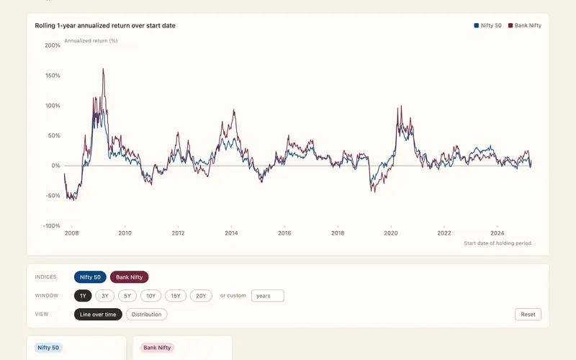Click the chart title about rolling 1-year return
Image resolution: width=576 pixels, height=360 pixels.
tap(105, 25)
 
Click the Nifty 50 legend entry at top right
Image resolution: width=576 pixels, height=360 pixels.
tap(488, 25)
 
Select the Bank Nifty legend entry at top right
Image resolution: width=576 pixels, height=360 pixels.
tap(525, 25)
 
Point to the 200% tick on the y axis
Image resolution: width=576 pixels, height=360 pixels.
tap(53, 45)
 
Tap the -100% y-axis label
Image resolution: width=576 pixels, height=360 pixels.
tap(52, 226)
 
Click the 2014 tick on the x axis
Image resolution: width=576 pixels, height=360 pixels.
tap(231, 233)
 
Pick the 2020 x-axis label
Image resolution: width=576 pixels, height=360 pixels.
tap(391, 233)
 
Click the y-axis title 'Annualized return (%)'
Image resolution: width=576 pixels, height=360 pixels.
tap(91, 41)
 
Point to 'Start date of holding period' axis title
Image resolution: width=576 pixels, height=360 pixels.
tap(498, 243)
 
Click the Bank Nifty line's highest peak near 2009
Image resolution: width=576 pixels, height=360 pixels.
tap(103, 68)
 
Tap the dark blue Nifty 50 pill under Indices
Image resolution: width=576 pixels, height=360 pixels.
tap(90, 277)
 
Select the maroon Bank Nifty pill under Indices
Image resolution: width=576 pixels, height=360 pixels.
tap(130, 277)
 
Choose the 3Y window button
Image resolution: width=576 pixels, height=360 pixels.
tap(105, 296)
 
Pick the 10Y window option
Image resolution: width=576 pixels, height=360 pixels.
tap(151, 296)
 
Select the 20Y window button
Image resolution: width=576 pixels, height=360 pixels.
tap(201, 296)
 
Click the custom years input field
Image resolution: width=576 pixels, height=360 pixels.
tap(267, 296)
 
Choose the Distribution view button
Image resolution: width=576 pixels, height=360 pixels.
tap(147, 315)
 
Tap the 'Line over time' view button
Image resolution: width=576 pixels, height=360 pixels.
tap(98, 315)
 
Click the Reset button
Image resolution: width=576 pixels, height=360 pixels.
tap(528, 315)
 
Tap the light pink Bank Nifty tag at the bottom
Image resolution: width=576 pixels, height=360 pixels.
tap(157, 348)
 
